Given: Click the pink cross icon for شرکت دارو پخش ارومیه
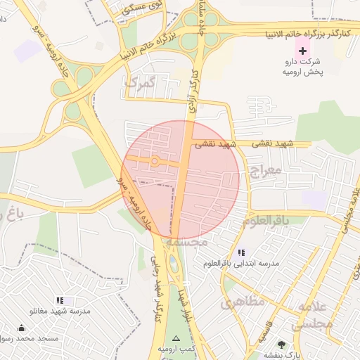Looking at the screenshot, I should pyautogui.click(x=303, y=51).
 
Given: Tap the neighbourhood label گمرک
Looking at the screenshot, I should pyautogui.click(x=139, y=84).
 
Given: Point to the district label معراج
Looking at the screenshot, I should pyautogui.click(x=265, y=169).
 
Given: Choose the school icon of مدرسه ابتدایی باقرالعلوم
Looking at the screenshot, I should pyautogui.click(x=241, y=252).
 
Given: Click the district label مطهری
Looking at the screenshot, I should pyautogui.click(x=243, y=303).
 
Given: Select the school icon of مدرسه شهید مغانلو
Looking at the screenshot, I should pyautogui.click(x=60, y=300).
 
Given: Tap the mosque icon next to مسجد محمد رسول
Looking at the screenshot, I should pyautogui.click(x=22, y=328).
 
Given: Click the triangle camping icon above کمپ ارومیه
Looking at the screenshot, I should pyautogui.click(x=176, y=338).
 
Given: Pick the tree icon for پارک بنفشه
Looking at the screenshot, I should pyautogui.click(x=282, y=345).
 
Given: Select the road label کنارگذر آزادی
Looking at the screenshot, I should pyautogui.click(x=193, y=91).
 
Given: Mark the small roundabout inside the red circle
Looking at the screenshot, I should pyautogui.click(x=155, y=162).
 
